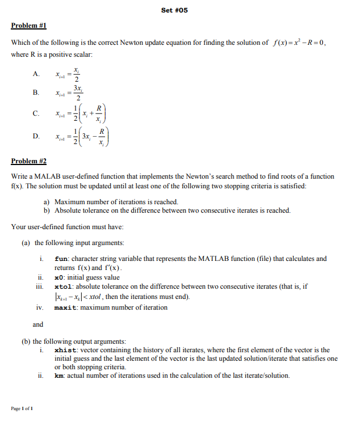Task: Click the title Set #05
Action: [174, 10]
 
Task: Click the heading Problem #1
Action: [28, 26]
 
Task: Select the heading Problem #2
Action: [28, 161]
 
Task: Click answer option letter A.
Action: [36, 74]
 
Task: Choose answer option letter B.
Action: [36, 92]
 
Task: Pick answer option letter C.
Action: [36, 114]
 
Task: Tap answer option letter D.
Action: [36, 136]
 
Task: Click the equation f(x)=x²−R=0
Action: [299, 43]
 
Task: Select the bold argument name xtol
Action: [64, 287]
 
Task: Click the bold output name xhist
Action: [65, 351]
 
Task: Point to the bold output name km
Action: [58, 375]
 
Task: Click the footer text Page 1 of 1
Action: [22, 408]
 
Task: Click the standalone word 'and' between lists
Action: [38, 324]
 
